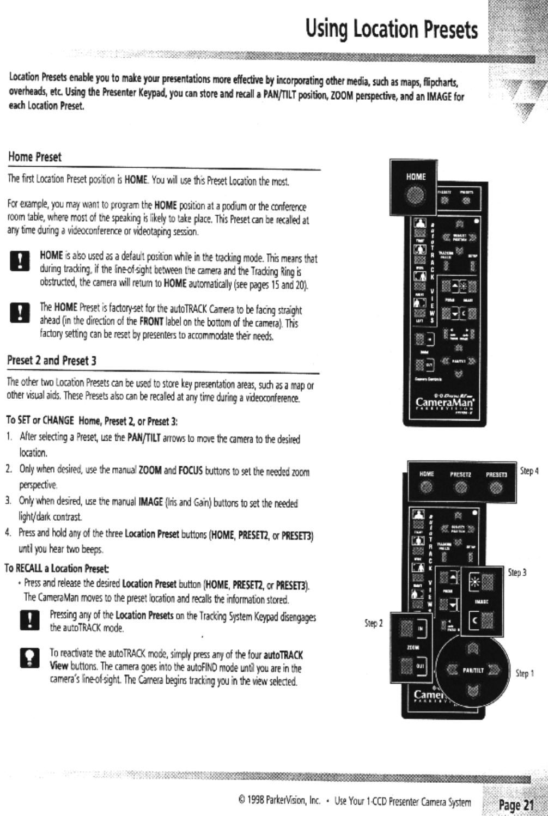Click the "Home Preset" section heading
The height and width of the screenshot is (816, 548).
34,157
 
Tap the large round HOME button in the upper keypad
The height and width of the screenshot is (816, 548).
416,195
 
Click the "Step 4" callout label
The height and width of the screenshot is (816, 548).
529,471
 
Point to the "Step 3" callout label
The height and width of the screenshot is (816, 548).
517,573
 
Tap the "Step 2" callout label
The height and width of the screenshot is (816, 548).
374,623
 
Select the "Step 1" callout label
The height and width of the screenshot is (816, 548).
525,673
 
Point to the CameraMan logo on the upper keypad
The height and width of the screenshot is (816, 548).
445,402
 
